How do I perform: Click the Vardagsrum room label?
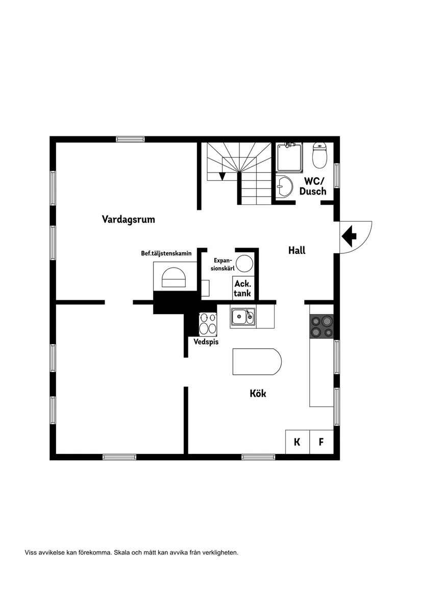click(128, 220)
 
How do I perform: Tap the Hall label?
click(296, 250)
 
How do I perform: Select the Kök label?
click(258, 394)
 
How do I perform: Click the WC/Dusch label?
click(313, 186)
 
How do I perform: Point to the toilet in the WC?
click(319, 156)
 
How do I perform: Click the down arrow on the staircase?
click(222, 176)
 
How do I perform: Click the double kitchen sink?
click(243, 317)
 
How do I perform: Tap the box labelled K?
click(297, 442)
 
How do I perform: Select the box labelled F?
click(321, 442)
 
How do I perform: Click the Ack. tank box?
click(242, 289)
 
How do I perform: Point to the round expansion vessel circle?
click(244, 264)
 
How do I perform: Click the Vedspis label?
click(206, 342)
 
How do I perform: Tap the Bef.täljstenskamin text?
click(166, 253)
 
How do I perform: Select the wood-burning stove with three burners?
click(208, 323)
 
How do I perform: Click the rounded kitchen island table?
click(256, 362)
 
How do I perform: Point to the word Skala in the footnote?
click(122, 552)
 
